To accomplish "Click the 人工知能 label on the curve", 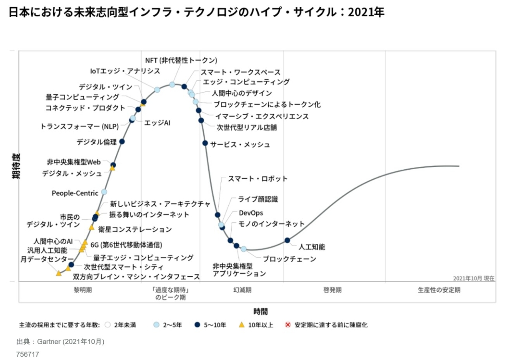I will [x=312, y=247].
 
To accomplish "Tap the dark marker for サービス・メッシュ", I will [x=205, y=143].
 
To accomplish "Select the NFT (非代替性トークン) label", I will [x=181, y=61].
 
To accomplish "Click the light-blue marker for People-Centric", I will [x=104, y=192].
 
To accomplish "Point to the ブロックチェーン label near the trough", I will [x=289, y=259].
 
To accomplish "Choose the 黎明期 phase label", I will [x=83, y=290].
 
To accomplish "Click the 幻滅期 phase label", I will [x=242, y=290].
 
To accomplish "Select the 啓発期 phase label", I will [x=332, y=290].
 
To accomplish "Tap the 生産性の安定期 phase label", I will [x=439, y=290].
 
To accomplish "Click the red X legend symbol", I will [x=287, y=325].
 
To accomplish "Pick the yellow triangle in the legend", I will [x=241, y=325].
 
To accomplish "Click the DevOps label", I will [x=251, y=213].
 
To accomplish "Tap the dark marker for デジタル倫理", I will [x=122, y=141].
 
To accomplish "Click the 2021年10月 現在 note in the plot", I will [x=474, y=278].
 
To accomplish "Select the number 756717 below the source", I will [x=28, y=354].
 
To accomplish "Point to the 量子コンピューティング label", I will [x=82, y=97].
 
